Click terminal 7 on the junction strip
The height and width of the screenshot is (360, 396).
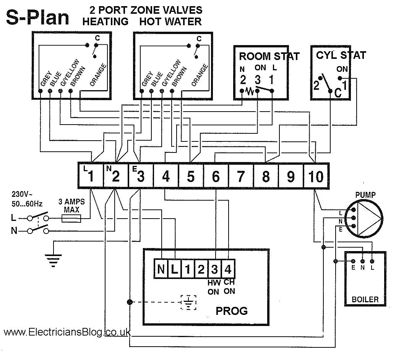240,176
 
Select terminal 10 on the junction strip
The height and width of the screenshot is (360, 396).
315,176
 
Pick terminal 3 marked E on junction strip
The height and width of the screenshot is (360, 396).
140,176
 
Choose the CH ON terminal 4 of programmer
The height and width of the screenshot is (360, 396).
228,269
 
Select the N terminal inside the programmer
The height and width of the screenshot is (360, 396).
161,269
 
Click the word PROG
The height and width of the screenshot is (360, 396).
232,311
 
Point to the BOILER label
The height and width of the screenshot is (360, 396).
365,300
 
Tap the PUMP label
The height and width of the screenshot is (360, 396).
365,195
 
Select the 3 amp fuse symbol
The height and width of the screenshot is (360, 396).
71,219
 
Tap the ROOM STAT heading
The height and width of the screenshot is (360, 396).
269,57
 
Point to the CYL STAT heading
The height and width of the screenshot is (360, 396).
341,55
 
